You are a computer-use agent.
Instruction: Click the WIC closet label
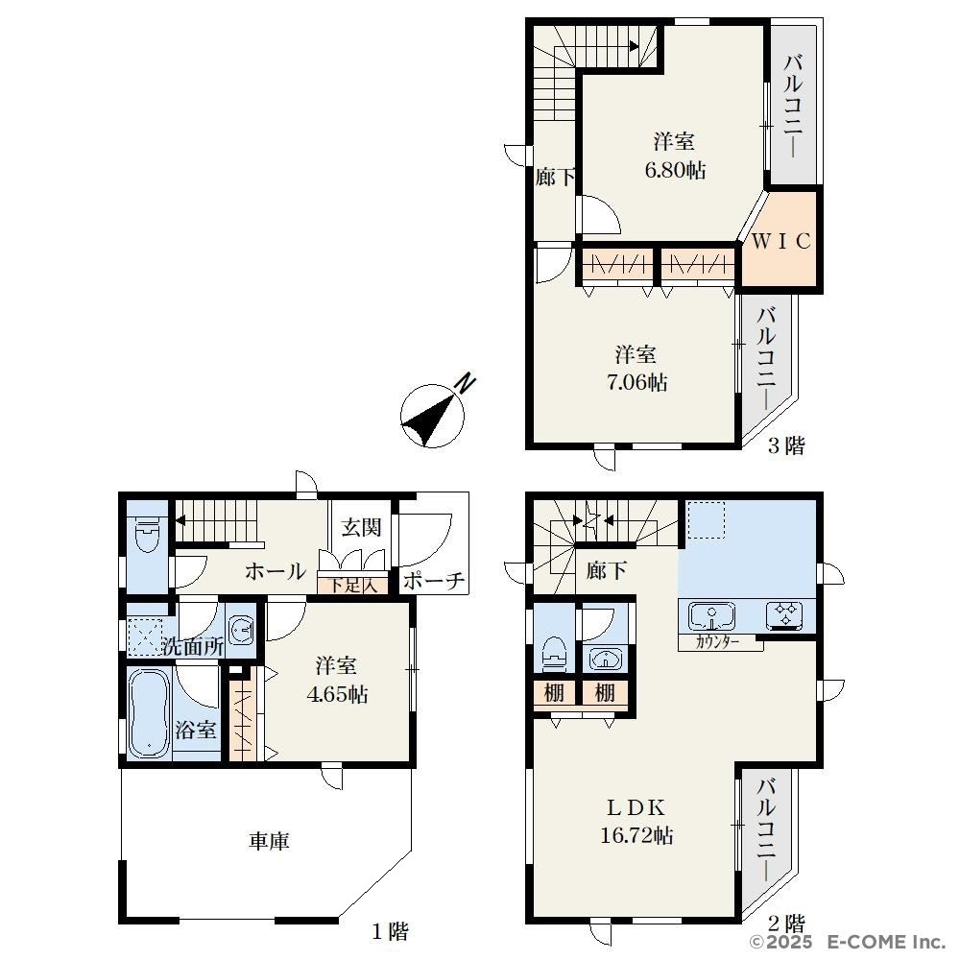[780, 241]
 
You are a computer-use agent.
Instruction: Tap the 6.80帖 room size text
[675, 170]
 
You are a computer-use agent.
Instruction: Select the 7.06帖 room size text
[636, 383]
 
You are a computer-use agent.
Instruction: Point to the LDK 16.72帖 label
[636, 822]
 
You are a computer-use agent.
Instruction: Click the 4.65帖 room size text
[337, 695]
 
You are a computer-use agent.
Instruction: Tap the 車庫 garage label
[269, 841]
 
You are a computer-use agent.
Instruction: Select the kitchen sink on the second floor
[712, 615]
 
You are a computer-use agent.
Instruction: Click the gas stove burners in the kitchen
[784, 615]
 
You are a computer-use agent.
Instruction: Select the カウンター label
[717, 643]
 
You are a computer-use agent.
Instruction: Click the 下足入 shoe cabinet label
[352, 586]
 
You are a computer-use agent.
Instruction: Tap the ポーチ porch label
[434, 581]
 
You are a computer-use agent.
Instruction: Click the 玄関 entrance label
[361, 527]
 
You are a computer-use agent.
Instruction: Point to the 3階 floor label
[786, 445]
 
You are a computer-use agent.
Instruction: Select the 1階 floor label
[390, 931]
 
